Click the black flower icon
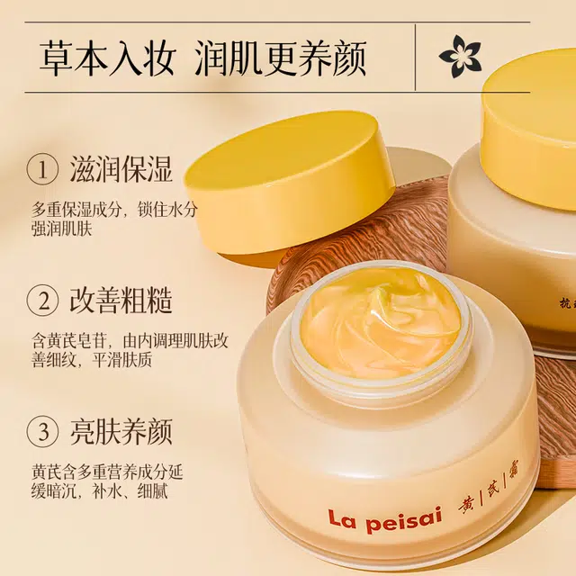pos(460,56)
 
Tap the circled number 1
pos(42,170)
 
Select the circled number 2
pos(42,301)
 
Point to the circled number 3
pos(42,431)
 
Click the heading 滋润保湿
pos(121,169)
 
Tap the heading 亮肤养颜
pos(121,431)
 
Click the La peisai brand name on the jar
pos(384,520)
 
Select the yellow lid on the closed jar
pos(530,134)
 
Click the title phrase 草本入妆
pos(105,58)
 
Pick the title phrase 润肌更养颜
pos(280,58)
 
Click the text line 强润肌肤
pos(61,229)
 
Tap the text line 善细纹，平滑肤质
pos(92,360)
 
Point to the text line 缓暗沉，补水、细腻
pos(99,491)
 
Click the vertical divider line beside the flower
pos(416,58)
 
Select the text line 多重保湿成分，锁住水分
pos(114,210)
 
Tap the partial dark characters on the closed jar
pos(568,304)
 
